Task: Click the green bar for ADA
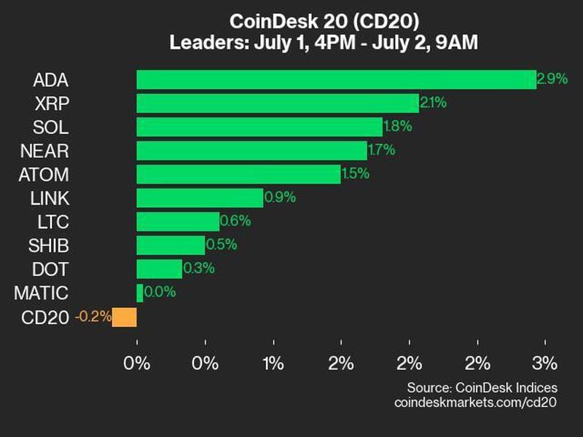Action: coord(336,79)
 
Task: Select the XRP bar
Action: coord(278,103)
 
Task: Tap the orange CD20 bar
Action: coord(125,317)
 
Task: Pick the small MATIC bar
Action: coord(139,293)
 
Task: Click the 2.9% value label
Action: coord(552,79)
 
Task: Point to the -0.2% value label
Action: coord(93,317)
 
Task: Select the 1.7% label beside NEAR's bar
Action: coord(382,151)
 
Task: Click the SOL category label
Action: coord(51,127)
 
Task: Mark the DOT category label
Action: coord(51,269)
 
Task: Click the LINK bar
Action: coord(200,198)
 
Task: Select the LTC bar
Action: coord(178,222)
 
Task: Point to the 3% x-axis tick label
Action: coord(545,362)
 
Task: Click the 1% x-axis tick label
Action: coord(273,362)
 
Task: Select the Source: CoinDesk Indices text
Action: coord(482,387)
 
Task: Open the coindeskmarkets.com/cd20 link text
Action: coord(475,402)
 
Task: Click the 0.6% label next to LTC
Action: coord(235,222)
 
